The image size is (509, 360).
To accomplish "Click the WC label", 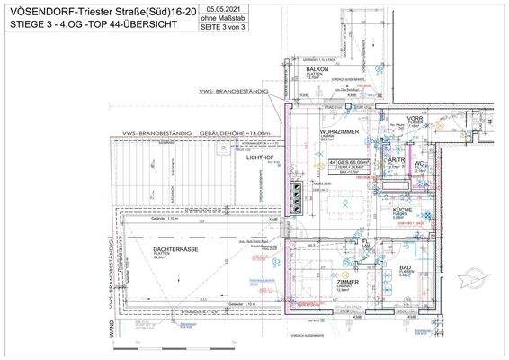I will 419,163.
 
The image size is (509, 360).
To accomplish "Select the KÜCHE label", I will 402,210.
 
